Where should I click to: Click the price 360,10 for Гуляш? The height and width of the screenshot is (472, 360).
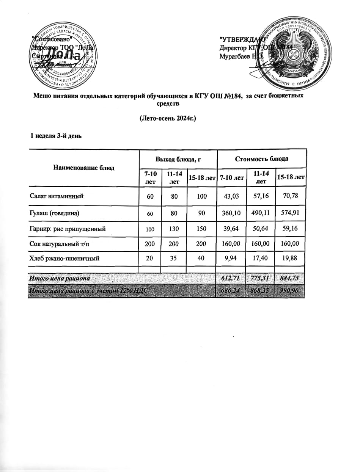click(x=231, y=213)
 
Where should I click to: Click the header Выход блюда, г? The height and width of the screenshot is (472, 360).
click(x=178, y=158)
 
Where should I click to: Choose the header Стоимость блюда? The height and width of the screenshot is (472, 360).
click(x=261, y=158)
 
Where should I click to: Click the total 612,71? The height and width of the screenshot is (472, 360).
click(x=231, y=279)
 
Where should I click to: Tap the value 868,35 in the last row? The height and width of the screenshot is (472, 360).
click(x=260, y=291)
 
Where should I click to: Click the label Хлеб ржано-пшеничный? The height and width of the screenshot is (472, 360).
click(x=64, y=260)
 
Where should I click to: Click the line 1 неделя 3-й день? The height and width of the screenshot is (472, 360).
click(x=56, y=135)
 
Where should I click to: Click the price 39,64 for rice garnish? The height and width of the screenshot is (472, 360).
click(x=231, y=229)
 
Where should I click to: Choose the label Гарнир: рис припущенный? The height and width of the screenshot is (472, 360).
click(x=67, y=229)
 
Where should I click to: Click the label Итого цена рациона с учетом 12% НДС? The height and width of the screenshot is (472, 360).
click(x=88, y=291)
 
